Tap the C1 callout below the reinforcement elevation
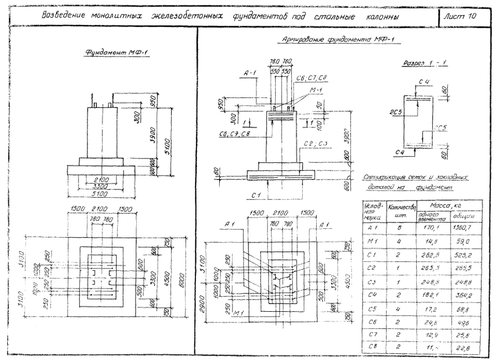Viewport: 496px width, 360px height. pos(255,196)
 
